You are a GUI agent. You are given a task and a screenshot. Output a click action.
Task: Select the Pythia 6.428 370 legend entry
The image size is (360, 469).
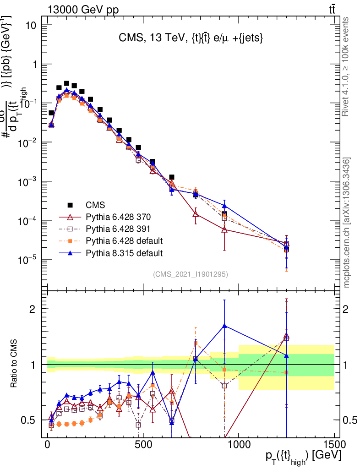(x=118, y=216)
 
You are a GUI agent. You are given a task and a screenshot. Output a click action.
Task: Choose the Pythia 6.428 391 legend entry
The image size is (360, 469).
(x=118, y=228)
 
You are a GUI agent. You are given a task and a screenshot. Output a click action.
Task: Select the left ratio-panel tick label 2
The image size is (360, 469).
(x=38, y=309)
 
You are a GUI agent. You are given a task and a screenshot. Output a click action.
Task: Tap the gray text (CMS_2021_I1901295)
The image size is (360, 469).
(x=191, y=274)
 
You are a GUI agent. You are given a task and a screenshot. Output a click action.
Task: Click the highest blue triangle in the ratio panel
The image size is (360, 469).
(x=224, y=326)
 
